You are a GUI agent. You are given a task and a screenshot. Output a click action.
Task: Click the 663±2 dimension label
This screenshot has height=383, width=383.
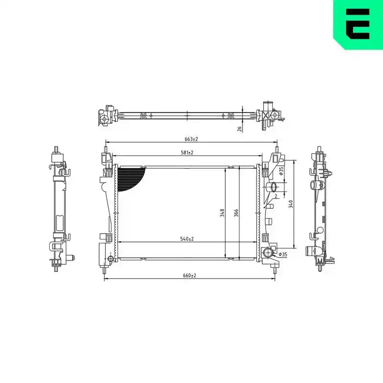[191, 139]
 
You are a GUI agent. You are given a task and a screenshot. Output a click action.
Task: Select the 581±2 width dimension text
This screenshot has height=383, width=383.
[187, 153]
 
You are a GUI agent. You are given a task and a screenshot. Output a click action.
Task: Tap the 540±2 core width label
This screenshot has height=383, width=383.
[187, 239]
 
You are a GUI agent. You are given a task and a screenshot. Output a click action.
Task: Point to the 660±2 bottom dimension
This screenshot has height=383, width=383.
[190, 275]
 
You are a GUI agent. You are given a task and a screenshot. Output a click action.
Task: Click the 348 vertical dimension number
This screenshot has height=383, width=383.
[222, 213]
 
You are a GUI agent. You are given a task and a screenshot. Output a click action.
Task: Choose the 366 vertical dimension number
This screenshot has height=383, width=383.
[236, 213]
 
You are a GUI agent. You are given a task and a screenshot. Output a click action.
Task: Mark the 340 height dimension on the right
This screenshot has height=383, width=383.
[291, 204]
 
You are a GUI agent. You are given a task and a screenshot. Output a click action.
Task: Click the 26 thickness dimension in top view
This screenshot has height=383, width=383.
[240, 129]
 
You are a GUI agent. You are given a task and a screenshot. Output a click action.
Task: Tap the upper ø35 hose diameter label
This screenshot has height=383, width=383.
[281, 171]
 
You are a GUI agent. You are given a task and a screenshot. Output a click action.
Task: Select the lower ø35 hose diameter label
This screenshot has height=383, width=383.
[283, 254]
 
